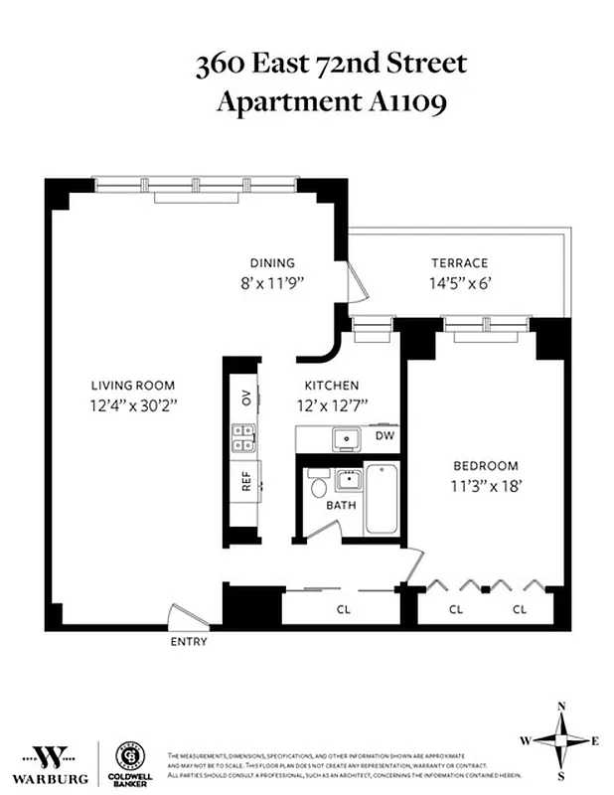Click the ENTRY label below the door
click(x=189, y=642)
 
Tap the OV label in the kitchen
click(x=245, y=397)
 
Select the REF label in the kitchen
click(x=245, y=482)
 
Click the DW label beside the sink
click(x=383, y=435)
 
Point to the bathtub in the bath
click(x=382, y=501)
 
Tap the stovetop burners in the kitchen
click(x=244, y=438)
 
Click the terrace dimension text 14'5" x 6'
click(x=459, y=282)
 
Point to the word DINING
click(x=272, y=263)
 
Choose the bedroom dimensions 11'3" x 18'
click(x=486, y=485)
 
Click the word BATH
click(x=342, y=505)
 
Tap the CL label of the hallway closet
click(x=344, y=608)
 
